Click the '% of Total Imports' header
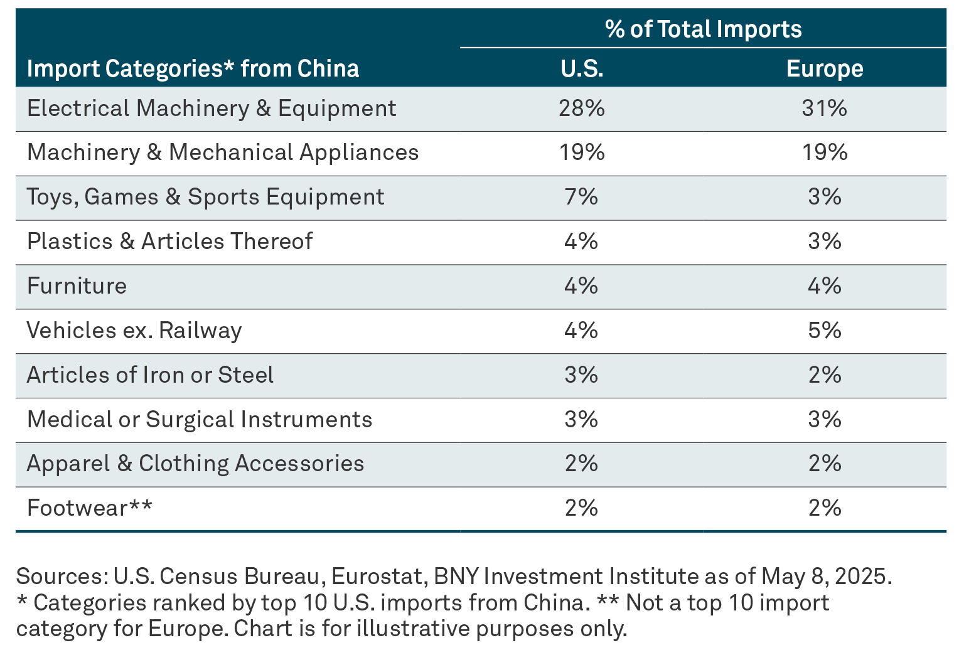click(703, 29)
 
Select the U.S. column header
click(582, 68)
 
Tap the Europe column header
click(824, 68)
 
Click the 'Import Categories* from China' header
click(193, 68)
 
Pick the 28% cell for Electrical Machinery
click(582, 109)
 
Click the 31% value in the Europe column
click(824, 109)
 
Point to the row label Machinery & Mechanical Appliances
click(223, 152)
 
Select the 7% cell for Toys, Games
click(582, 197)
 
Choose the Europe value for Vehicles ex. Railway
click(824, 331)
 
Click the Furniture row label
click(77, 286)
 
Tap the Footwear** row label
click(89, 508)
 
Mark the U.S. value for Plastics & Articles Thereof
click(582, 242)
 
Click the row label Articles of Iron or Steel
click(150, 375)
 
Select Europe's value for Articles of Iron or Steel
click(824, 375)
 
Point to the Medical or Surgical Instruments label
click(200, 419)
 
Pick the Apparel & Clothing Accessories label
click(195, 464)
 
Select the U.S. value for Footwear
click(582, 508)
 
